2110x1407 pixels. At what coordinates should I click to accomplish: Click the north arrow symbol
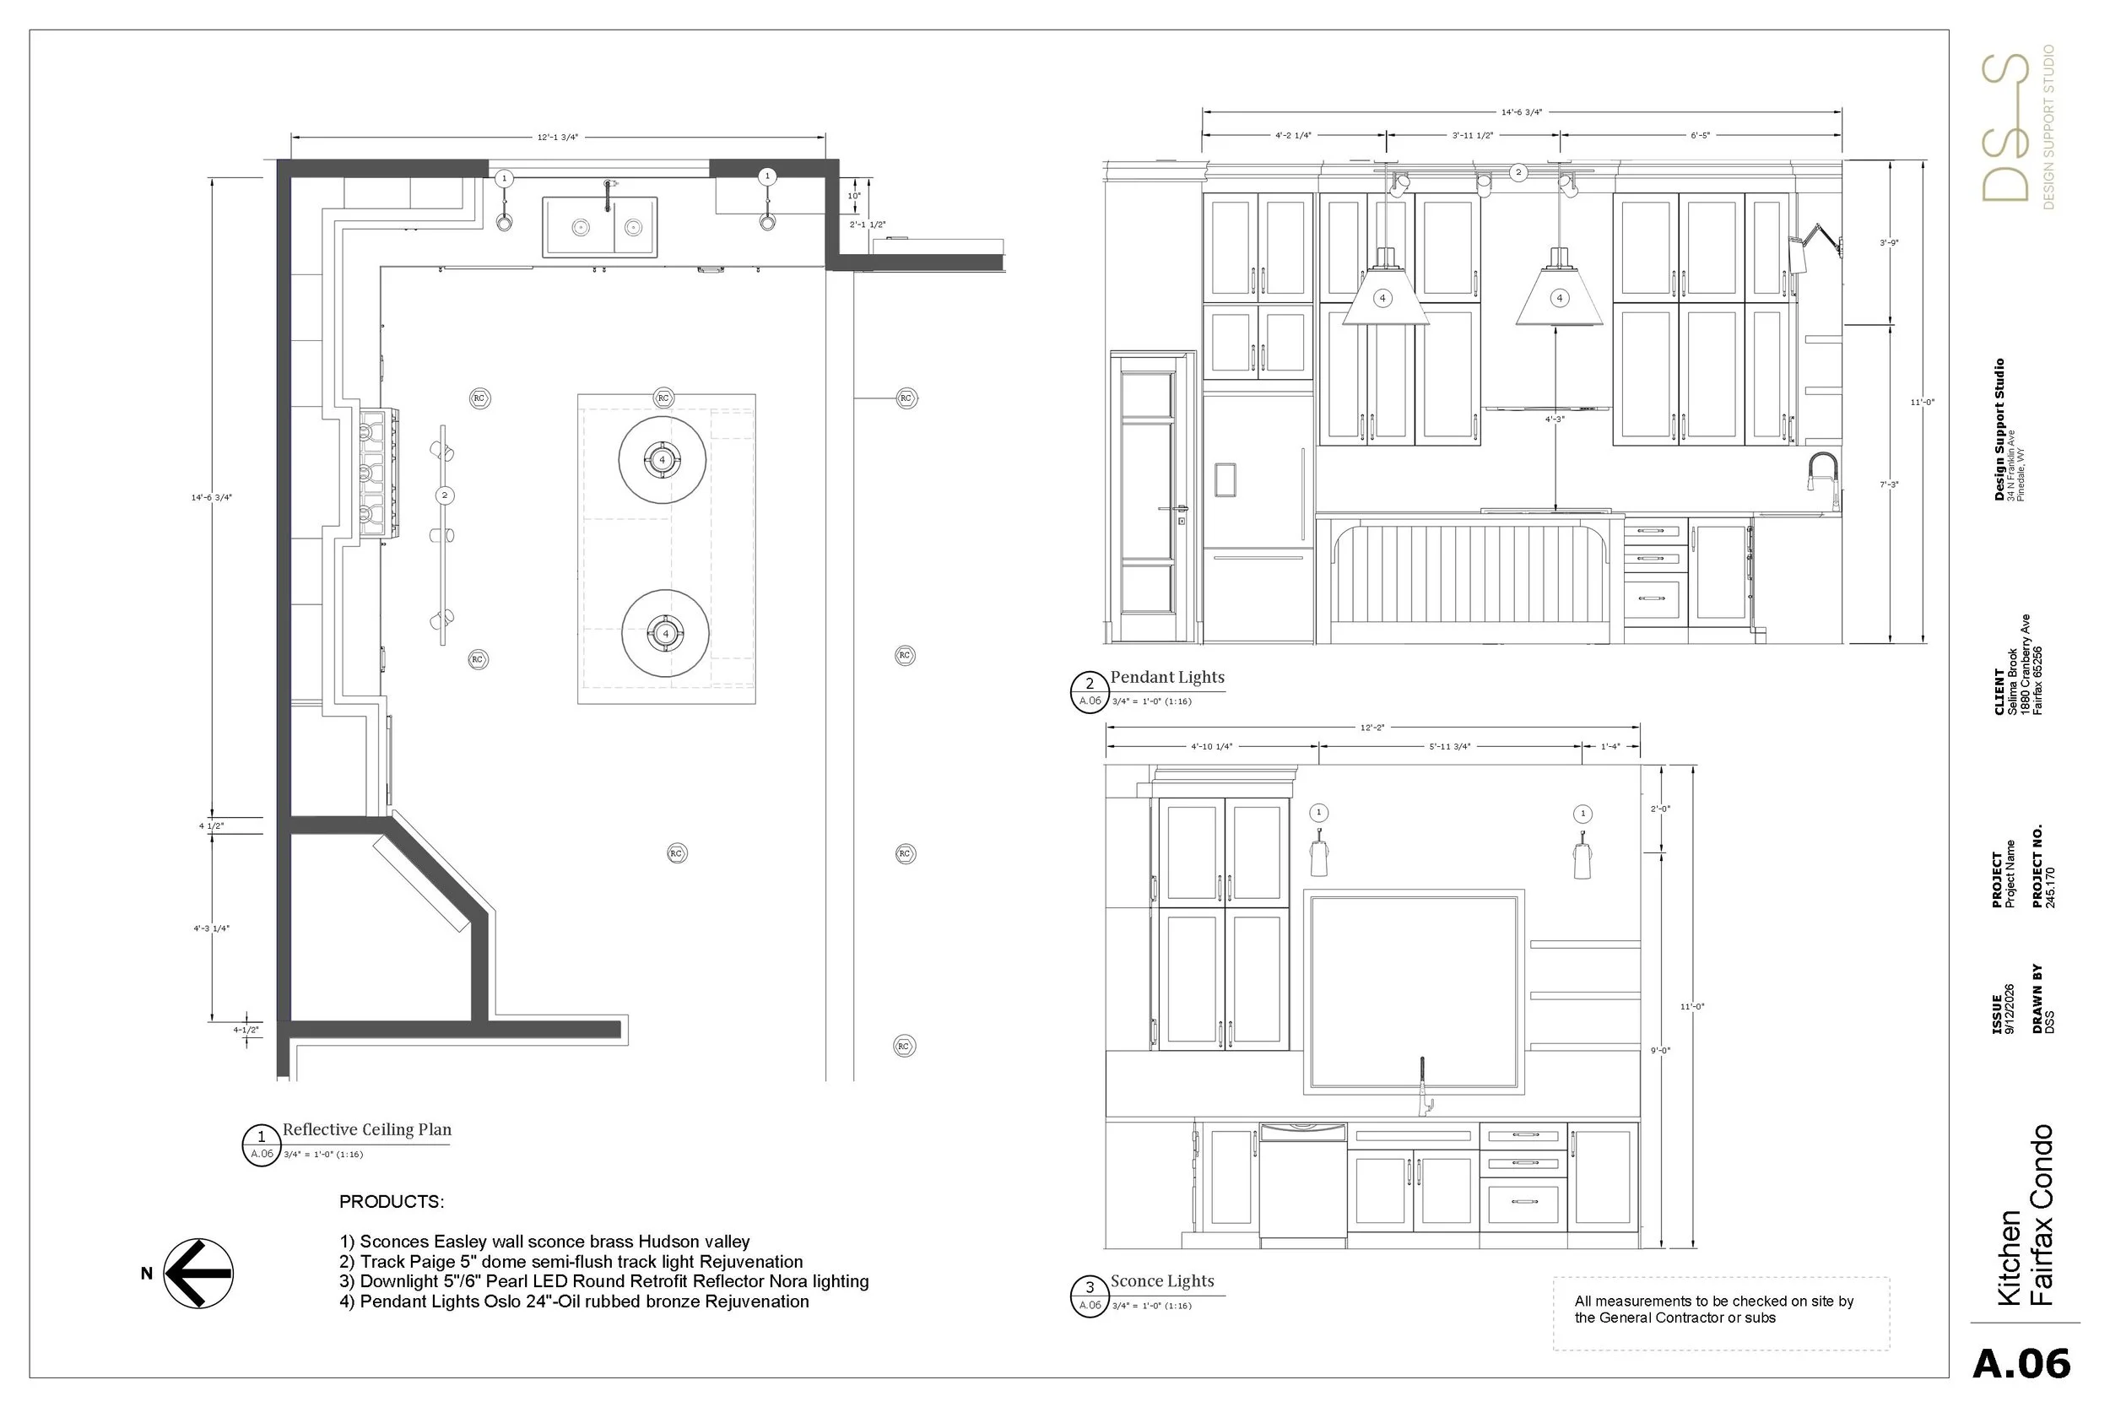198,1274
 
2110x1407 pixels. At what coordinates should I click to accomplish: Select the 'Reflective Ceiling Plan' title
367,1129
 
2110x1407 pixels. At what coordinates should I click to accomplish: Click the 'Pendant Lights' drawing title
1167,678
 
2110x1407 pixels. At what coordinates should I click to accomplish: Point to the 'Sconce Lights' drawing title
1163,1281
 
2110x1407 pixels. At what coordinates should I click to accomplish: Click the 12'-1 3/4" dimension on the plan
558,138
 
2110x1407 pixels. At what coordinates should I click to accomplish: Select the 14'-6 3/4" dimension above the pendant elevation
1522,112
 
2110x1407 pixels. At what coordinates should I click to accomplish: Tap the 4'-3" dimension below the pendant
1555,419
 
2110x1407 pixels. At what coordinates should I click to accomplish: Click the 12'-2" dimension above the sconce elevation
1372,728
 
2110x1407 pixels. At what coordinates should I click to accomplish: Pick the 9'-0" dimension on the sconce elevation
1660,1050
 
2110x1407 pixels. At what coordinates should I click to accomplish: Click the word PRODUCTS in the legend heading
391,1202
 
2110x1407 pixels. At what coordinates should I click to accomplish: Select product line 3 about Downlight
603,1281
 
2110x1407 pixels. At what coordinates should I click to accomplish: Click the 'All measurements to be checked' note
1713,1309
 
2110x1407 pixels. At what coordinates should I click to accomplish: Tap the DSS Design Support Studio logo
2016,127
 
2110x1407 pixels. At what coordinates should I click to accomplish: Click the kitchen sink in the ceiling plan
599,227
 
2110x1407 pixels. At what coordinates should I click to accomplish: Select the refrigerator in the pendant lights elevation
1258,518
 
